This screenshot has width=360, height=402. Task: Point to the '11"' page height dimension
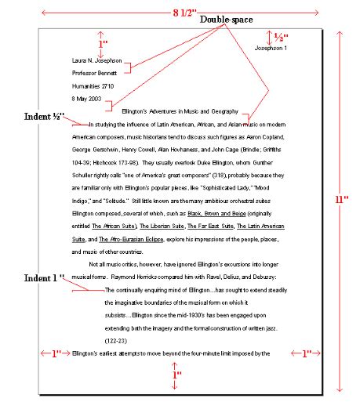coord(342,200)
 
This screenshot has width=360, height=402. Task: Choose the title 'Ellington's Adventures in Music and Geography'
coord(180,111)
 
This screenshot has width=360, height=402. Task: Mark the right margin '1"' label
coord(304,353)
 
